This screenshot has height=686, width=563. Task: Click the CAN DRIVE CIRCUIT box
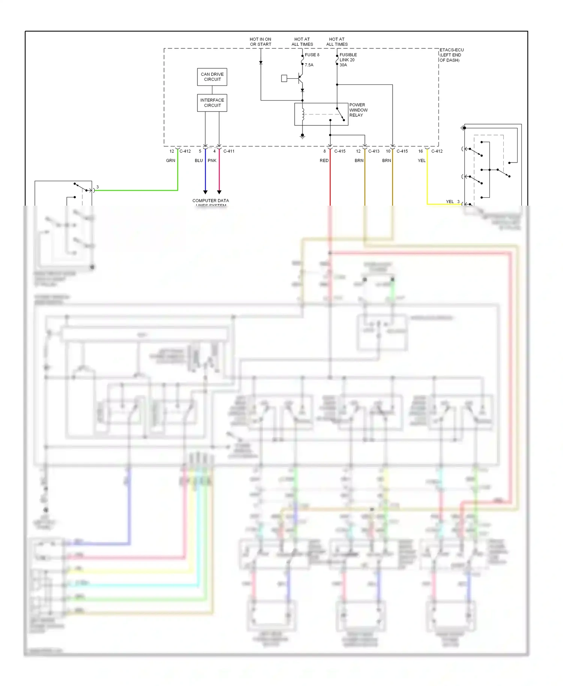[212, 77]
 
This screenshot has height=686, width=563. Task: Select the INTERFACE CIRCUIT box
[212, 103]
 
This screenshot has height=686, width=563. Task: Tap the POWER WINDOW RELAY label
[358, 110]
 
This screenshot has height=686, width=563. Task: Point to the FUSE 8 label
[312, 55]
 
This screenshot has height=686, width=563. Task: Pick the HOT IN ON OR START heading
[260, 42]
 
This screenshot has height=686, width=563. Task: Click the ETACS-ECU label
[452, 50]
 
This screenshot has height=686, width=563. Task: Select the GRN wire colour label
[170, 161]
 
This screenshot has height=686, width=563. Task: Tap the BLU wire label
[199, 161]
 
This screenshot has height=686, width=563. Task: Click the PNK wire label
[212, 161]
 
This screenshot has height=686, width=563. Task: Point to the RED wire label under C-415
[324, 161]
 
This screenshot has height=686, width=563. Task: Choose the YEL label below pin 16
[421, 161]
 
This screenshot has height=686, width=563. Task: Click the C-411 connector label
[229, 151]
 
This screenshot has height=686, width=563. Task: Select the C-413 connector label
[373, 151]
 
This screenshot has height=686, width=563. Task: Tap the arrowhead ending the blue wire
[205, 192]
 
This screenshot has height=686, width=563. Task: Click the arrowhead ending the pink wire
[219, 192]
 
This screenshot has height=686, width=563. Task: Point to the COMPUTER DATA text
[211, 201]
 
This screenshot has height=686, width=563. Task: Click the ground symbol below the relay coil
[303, 136]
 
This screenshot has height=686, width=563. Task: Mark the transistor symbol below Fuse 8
[300, 78]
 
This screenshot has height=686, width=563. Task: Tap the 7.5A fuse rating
[309, 65]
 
